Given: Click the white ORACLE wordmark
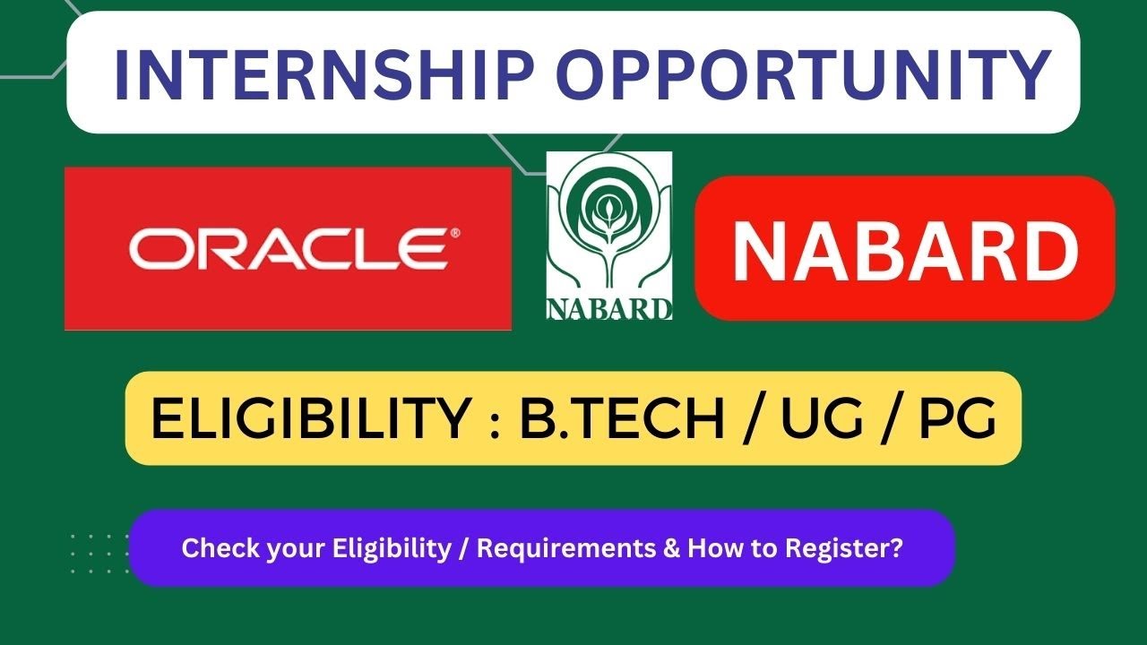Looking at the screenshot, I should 289,248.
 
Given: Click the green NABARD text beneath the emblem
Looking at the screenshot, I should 609,308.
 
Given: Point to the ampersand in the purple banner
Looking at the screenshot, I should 671,547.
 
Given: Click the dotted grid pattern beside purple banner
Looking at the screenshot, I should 99,553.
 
